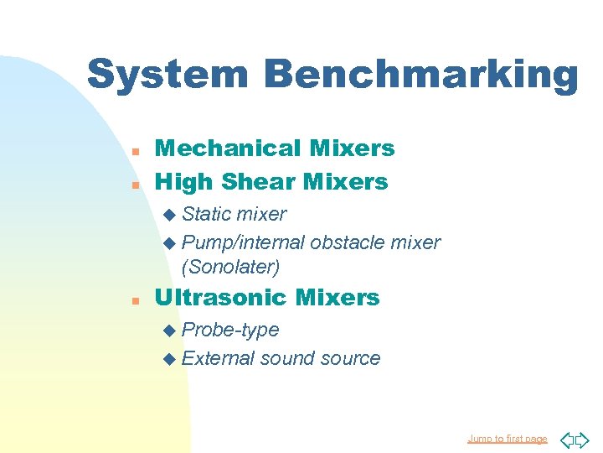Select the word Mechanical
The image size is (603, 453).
tap(216, 148)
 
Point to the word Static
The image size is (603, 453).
tap(207, 214)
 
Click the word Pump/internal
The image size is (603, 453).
tap(242, 242)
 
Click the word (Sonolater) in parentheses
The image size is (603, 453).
tap(230, 267)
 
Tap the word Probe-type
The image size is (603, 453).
tap(229, 330)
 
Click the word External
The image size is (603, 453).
tap(218, 358)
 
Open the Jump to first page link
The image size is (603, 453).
tap(508, 439)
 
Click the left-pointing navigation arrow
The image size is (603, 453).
tap(565, 438)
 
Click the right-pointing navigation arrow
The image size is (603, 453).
tap(584, 438)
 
